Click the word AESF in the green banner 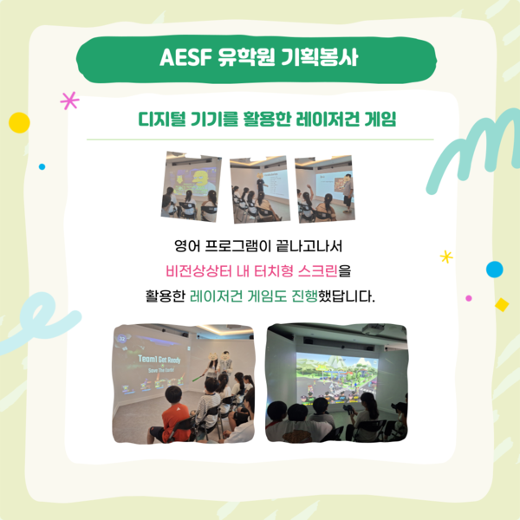pos(185,57)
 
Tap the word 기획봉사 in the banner pos(320,57)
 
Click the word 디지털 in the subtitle pos(162,119)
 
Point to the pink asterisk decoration pos(69,101)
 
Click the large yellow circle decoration pos(19,123)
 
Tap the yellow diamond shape pos(502,305)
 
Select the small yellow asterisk pos(446,257)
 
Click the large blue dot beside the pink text pos(495,270)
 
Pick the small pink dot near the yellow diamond pos(469,298)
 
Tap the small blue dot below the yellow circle pos(42,166)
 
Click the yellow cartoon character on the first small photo pos(200,181)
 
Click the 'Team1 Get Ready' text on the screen pos(159,359)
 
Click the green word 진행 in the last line pos(304,296)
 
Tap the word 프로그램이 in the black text pos(238,246)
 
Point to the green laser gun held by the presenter pos(198,377)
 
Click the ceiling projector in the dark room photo pos(373,329)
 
